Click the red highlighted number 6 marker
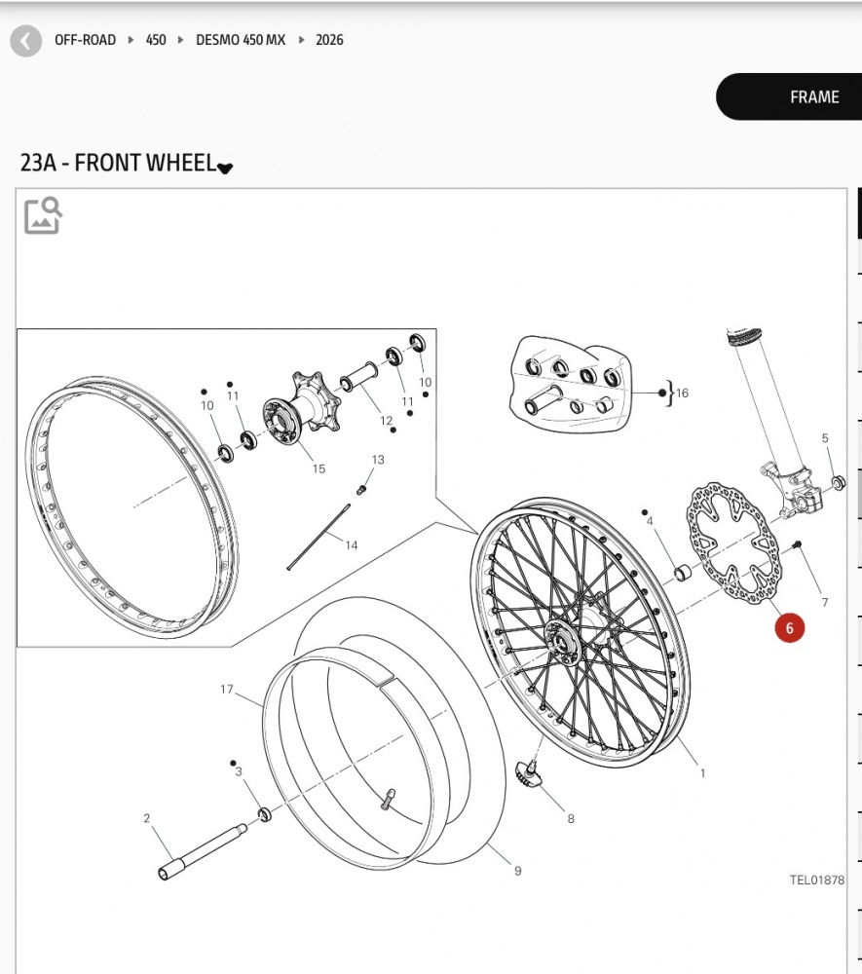(789, 628)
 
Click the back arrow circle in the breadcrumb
(26, 41)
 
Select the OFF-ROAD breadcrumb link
(85, 40)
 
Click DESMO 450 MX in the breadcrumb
(241, 40)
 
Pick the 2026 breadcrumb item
(329, 40)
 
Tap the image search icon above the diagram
(43, 215)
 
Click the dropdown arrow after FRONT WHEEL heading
(225, 168)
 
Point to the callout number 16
(682, 393)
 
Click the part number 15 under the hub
(319, 469)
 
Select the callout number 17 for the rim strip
(227, 690)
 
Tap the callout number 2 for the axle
(147, 818)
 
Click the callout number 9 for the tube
(517, 871)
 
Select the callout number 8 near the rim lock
(571, 819)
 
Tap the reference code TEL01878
(816, 880)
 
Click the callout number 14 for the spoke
(351, 545)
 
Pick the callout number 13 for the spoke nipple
(378, 460)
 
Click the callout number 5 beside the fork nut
(825, 438)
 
